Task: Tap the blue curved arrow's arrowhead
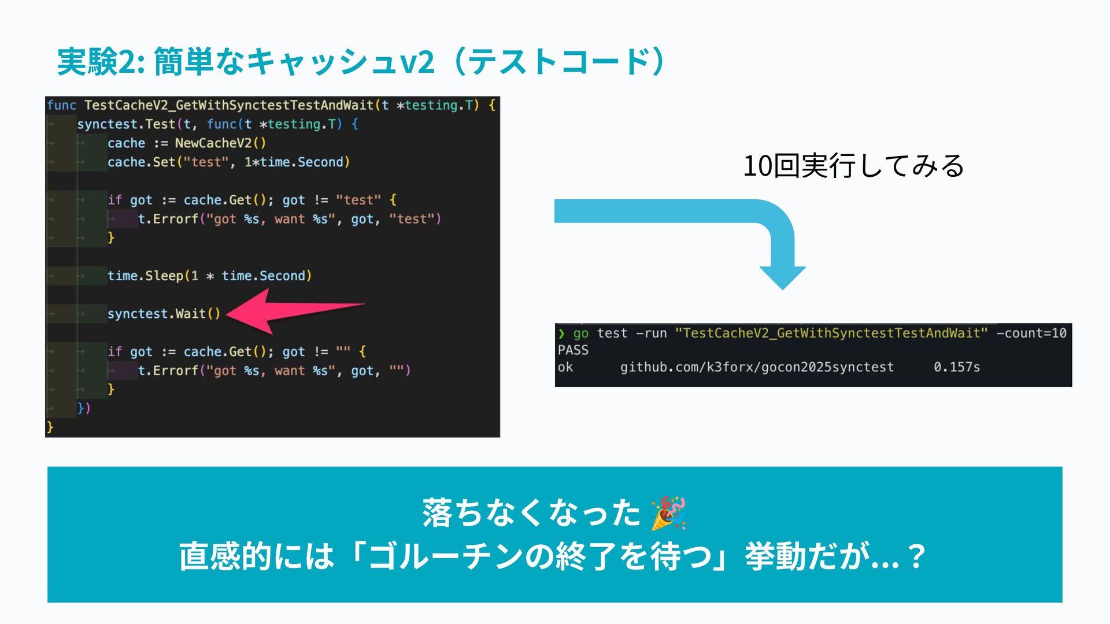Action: (782, 277)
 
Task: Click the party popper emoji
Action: (668, 513)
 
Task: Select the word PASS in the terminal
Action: (573, 350)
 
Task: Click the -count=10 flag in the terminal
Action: (1031, 333)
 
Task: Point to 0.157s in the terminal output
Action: (957, 367)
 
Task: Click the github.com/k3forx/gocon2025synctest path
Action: (757, 367)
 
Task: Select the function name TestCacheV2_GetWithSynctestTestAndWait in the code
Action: (229, 105)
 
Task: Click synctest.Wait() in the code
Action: (164, 314)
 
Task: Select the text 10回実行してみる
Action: (853, 166)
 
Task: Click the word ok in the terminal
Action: (565, 367)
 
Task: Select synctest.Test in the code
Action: (126, 124)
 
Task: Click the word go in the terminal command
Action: (580, 333)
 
